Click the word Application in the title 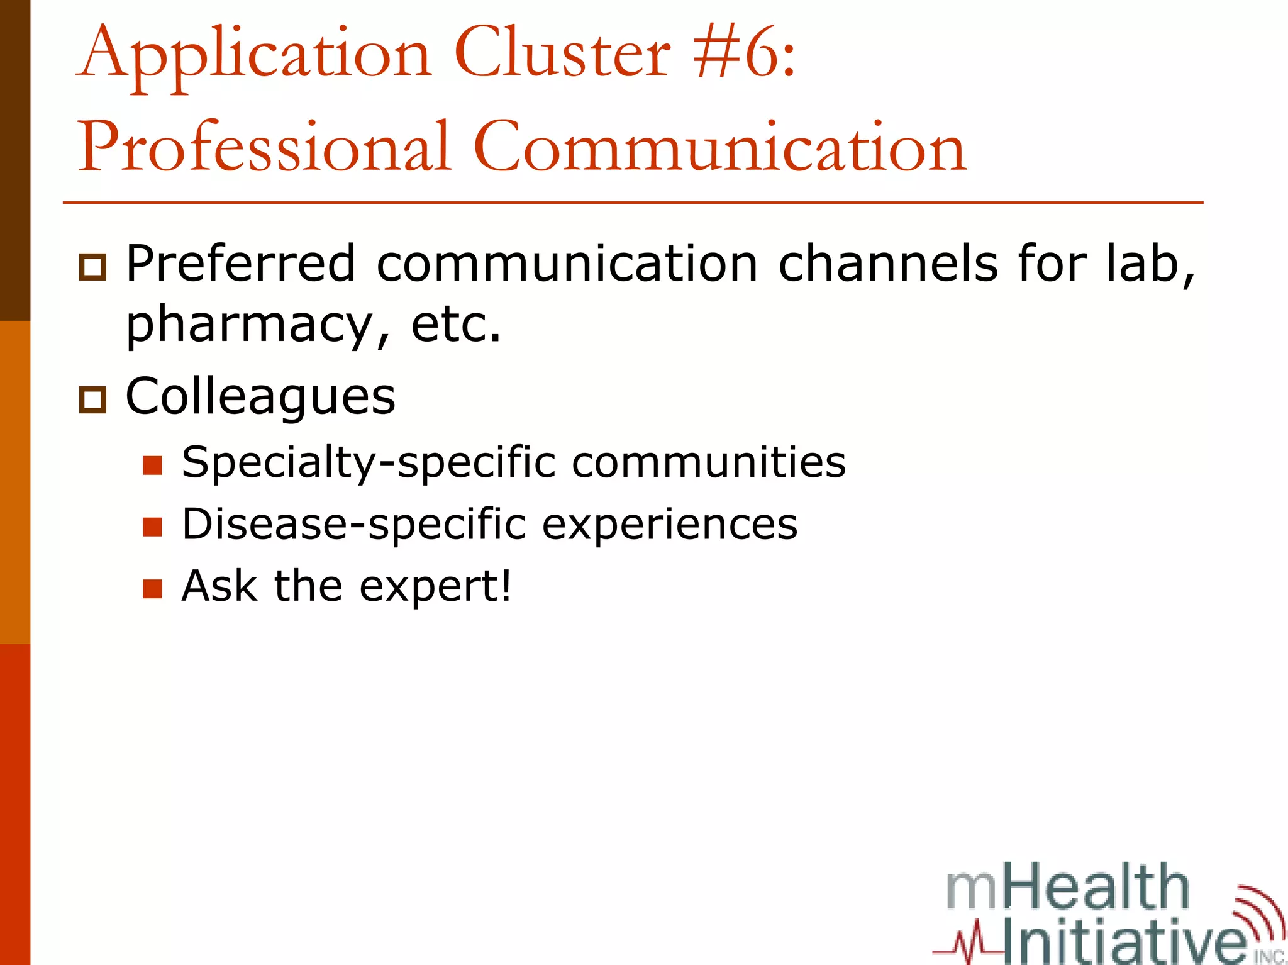[255, 55]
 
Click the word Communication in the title [719, 148]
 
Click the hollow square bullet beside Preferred [92, 267]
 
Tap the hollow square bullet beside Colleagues [92, 399]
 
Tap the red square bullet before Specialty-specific [152, 466]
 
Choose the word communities [708, 463]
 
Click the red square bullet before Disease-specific [152, 527]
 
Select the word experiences [669, 525]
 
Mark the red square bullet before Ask [152, 588]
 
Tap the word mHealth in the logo [1067, 888]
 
